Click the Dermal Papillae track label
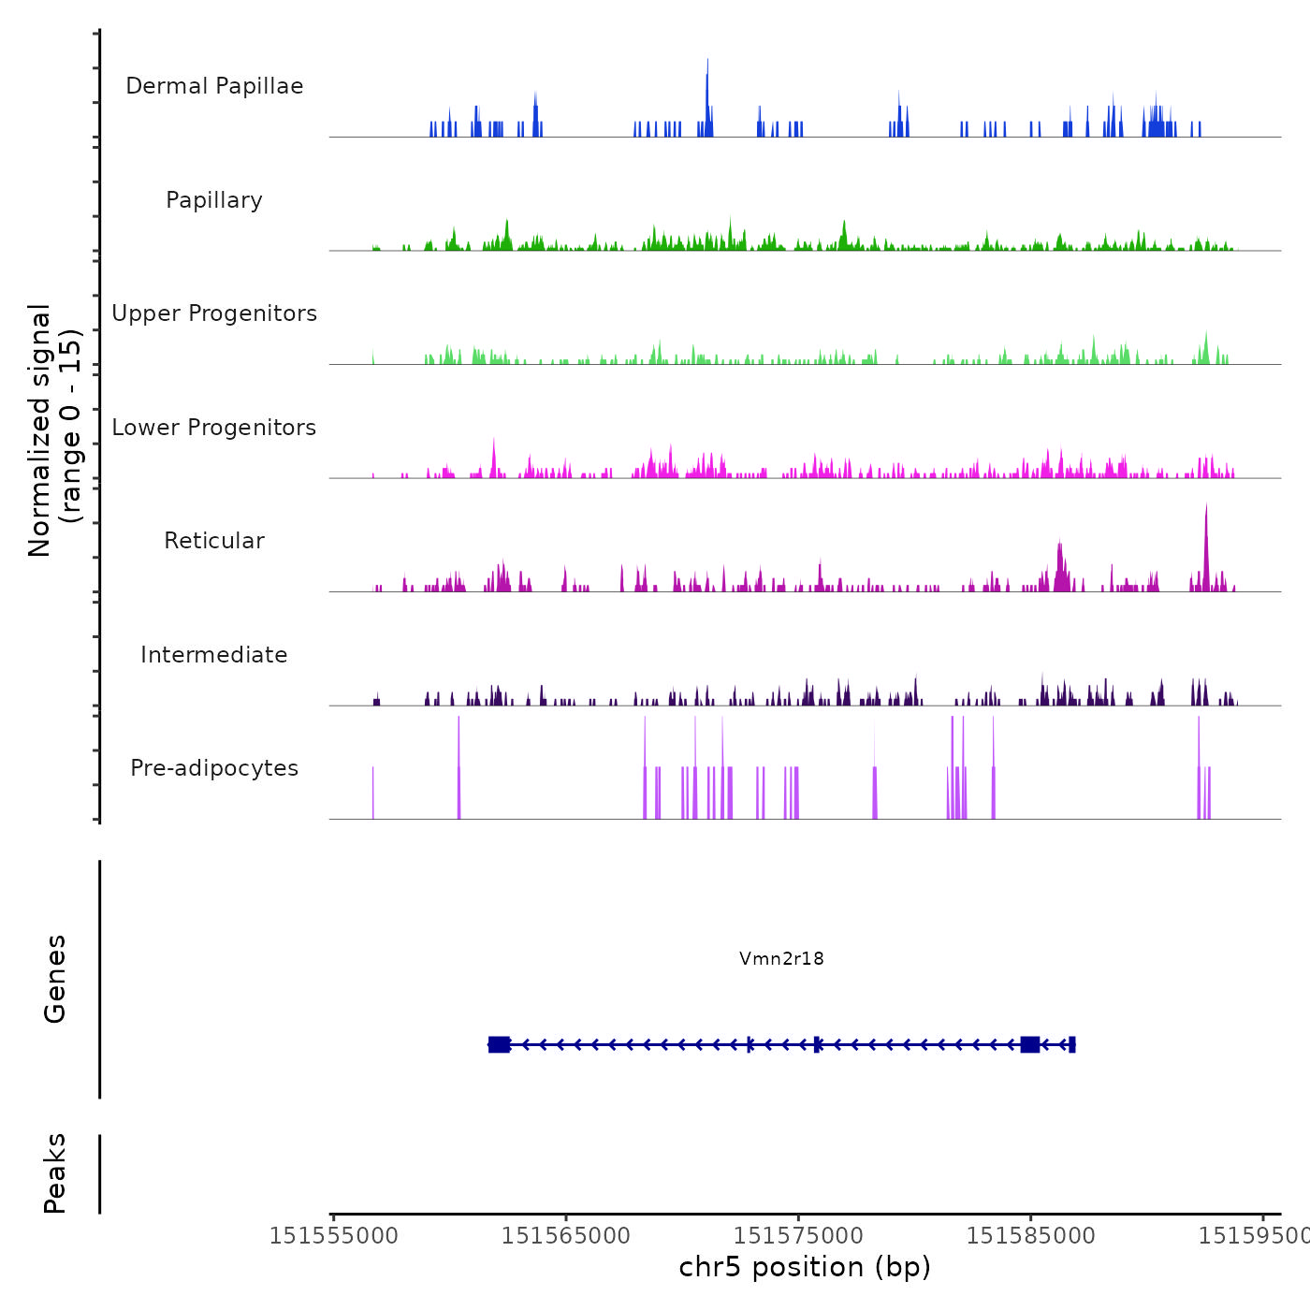214,86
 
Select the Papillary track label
214,200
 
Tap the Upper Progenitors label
214,313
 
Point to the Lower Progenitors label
214,428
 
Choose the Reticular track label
214,541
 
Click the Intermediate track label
214,655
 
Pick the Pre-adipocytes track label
214,768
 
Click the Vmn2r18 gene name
781,958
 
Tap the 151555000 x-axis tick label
334,1236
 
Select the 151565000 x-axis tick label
566,1236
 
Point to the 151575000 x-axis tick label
798,1236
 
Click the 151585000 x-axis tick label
1030,1236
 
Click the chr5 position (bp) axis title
805,1267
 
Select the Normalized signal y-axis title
54,429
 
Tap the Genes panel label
55,979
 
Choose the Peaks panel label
55,1173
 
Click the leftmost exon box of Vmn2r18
499,1044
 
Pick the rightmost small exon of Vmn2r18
1071,1044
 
